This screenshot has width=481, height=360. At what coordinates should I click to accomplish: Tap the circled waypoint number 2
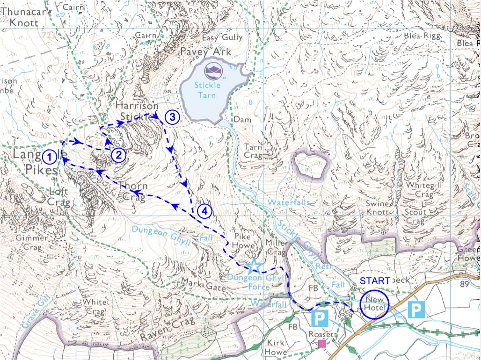tap(119, 155)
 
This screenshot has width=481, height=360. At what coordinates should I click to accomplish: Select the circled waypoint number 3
tap(172, 117)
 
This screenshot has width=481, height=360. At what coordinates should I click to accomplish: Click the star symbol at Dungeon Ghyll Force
tap(254, 266)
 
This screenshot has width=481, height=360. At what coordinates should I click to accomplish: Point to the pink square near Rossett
tap(322, 344)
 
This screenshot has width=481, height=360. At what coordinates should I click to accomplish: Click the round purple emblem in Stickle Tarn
tap(213, 71)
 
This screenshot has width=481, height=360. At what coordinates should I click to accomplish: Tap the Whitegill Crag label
tap(421, 190)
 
